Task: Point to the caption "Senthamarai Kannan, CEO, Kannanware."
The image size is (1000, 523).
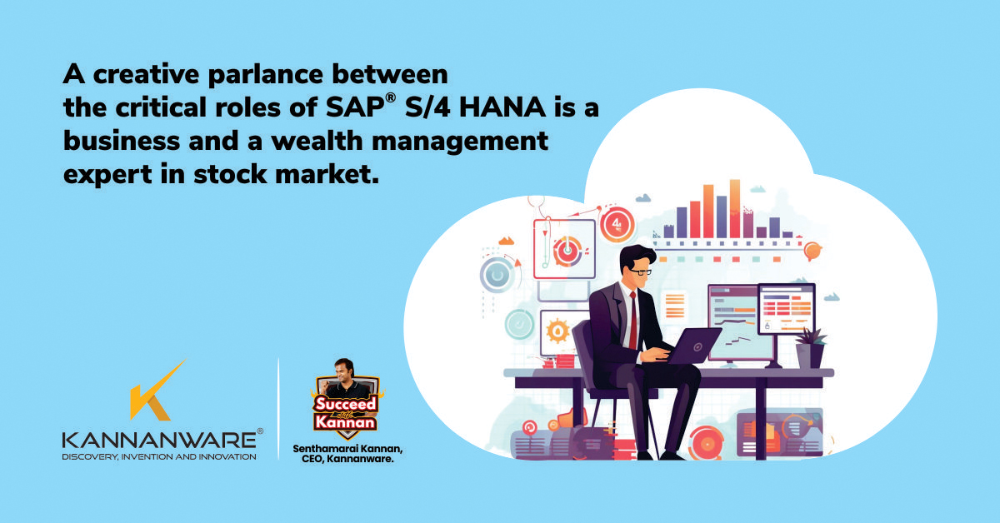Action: pyautogui.click(x=344, y=453)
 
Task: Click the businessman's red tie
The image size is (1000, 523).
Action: pyautogui.click(x=633, y=321)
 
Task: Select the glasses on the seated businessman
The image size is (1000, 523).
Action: pyautogui.click(x=637, y=271)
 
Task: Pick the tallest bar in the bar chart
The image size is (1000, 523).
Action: pyautogui.click(x=734, y=208)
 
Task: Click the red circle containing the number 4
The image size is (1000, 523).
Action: pyautogui.click(x=617, y=225)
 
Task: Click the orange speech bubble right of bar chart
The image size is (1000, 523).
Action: pyautogui.click(x=812, y=249)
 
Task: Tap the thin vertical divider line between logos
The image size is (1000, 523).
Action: pyautogui.click(x=278, y=408)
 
